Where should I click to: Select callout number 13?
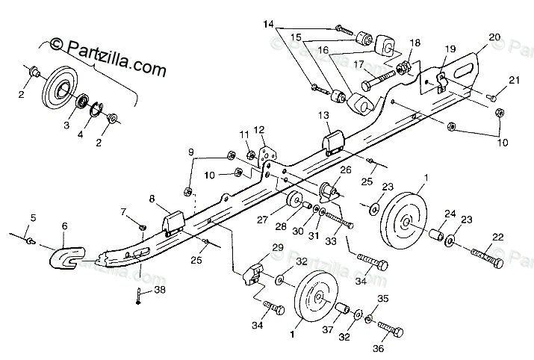tap(323, 116)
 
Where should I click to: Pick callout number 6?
tap(64, 226)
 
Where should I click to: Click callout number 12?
tap(260, 129)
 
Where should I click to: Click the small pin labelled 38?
tap(140, 295)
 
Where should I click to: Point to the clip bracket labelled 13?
tap(332, 143)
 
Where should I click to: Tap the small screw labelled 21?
tap(493, 96)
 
